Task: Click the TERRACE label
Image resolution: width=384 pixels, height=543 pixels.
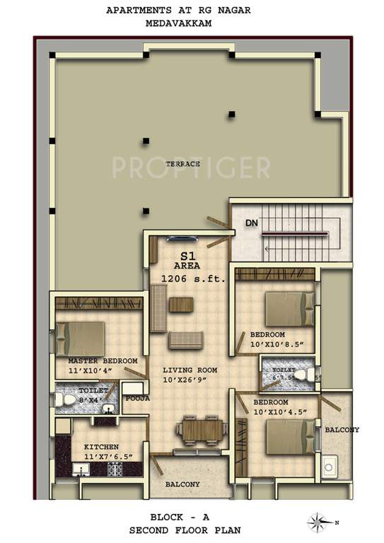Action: [182, 164]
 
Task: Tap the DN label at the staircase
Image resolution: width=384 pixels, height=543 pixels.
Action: [251, 223]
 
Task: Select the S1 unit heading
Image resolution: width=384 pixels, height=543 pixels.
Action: [187, 256]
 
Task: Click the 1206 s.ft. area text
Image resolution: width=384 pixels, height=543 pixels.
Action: [193, 279]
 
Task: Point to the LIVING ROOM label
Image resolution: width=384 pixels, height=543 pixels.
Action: [190, 370]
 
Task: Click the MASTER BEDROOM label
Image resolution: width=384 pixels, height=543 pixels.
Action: [103, 361]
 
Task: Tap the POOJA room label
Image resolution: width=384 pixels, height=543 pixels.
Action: [137, 399]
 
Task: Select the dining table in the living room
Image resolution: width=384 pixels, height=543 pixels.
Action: [200, 428]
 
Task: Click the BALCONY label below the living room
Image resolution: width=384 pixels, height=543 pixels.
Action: [182, 484]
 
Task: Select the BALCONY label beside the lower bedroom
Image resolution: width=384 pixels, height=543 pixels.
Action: [342, 430]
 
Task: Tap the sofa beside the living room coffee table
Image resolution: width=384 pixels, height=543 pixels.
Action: [158, 308]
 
